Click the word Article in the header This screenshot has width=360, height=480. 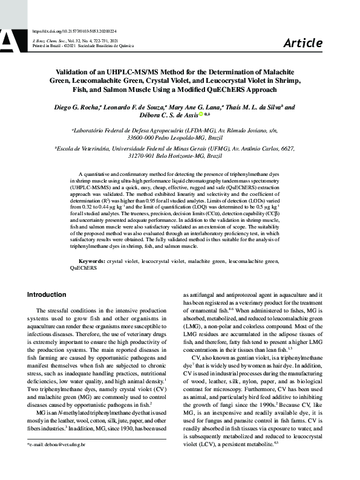pos(303,42)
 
